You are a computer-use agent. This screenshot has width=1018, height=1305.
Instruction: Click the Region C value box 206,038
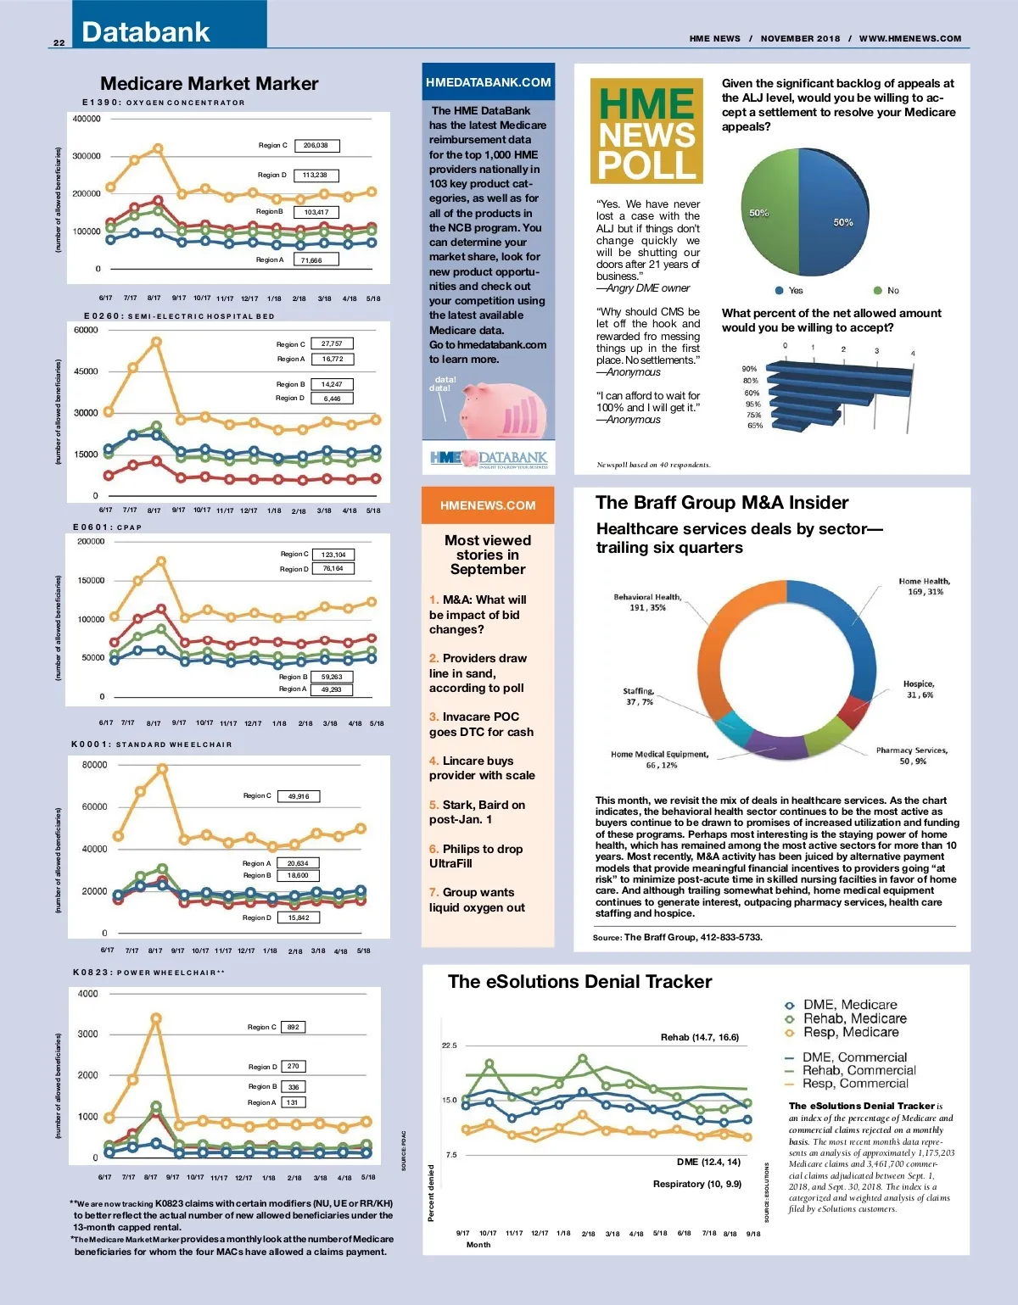(x=316, y=146)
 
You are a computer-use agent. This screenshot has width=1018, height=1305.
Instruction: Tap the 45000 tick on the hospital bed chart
(x=87, y=371)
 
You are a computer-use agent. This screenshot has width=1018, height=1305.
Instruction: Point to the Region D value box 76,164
(x=333, y=569)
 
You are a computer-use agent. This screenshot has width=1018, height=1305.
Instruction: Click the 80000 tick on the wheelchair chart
(x=94, y=765)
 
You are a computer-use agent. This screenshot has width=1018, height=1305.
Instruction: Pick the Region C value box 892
(x=294, y=1027)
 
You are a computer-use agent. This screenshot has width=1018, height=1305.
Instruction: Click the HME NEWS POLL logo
(x=646, y=131)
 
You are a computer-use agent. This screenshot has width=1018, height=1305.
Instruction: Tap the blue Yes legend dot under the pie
(x=779, y=291)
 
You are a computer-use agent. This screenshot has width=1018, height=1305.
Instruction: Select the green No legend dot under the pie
(x=878, y=291)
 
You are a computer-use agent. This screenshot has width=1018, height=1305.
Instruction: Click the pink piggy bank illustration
(x=501, y=411)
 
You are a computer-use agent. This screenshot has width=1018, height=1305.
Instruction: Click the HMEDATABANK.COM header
(x=489, y=82)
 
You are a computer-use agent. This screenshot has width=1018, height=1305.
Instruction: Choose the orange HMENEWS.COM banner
(x=488, y=505)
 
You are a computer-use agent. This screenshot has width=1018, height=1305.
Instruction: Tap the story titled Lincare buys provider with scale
(x=482, y=768)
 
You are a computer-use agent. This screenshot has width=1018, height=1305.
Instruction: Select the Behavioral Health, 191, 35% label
(x=647, y=602)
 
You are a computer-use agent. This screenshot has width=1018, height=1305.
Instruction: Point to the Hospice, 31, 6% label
(x=918, y=689)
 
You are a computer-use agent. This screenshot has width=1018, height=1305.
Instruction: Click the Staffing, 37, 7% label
(x=638, y=696)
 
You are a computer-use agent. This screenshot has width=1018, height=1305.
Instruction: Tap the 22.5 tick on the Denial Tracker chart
(x=449, y=1046)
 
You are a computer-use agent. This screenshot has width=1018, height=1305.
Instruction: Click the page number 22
(x=59, y=42)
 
